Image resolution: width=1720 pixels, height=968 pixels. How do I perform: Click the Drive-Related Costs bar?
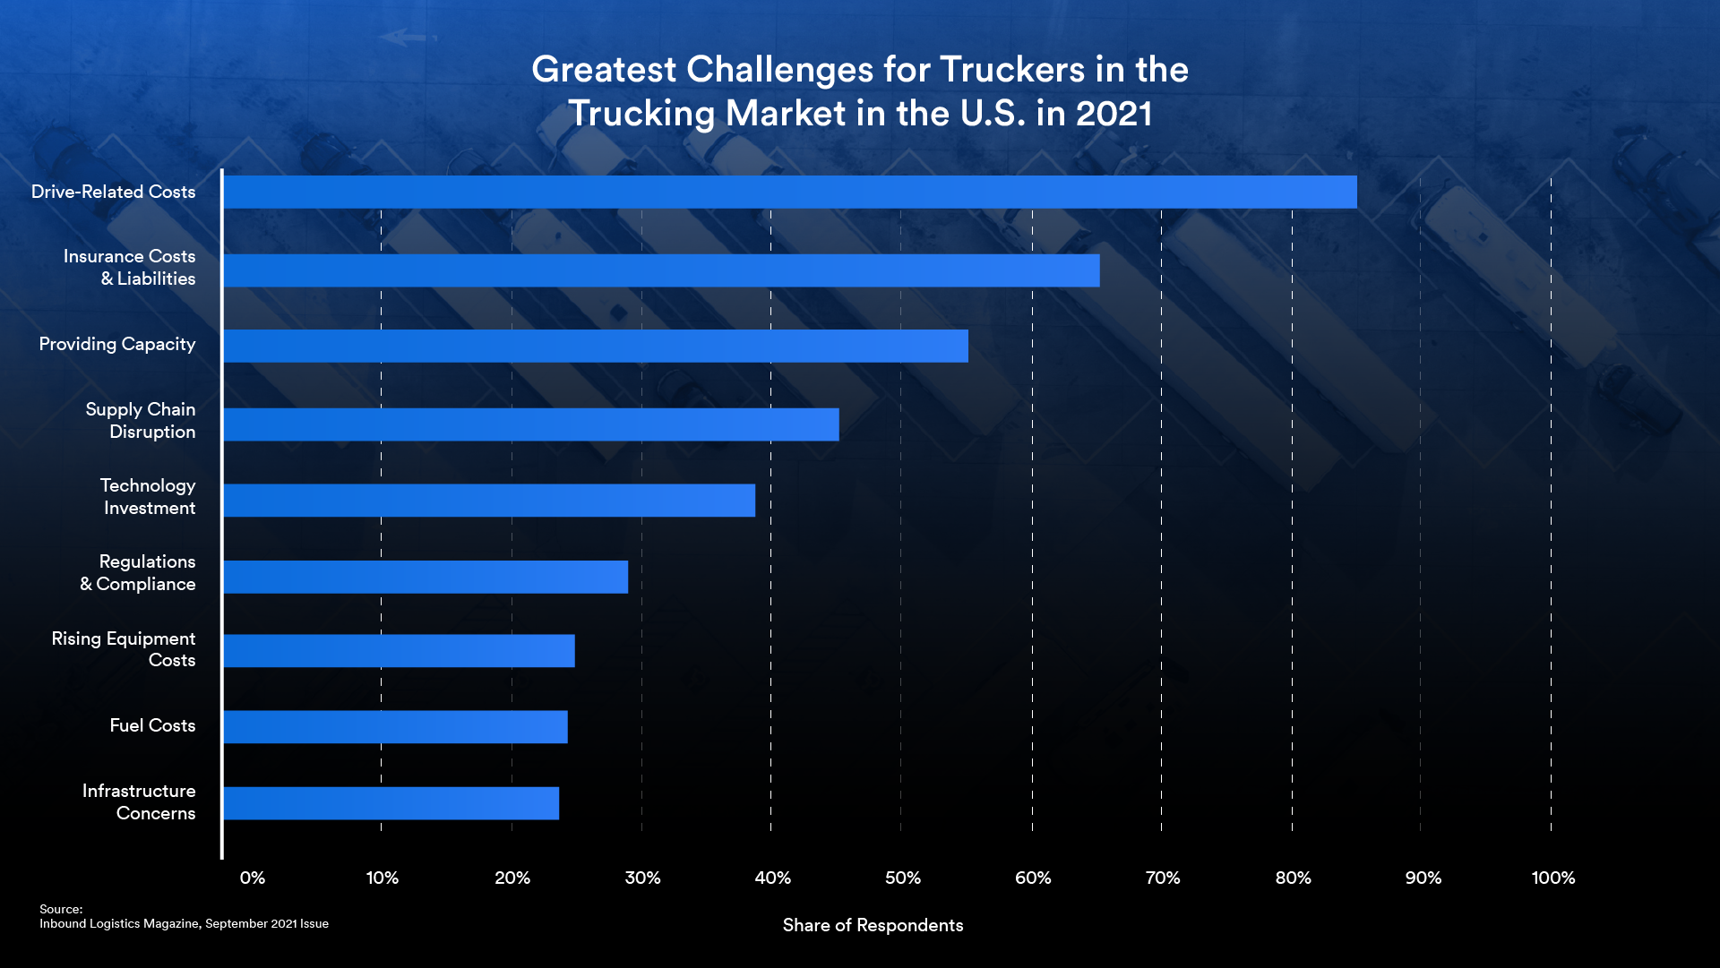pyautogui.click(x=789, y=192)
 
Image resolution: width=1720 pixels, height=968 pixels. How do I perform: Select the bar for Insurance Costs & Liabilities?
pyautogui.click(x=661, y=270)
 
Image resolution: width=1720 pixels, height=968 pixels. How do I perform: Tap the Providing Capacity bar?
pyautogui.click(x=595, y=346)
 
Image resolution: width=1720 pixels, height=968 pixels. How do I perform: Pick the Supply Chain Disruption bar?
pyautogui.click(x=530, y=424)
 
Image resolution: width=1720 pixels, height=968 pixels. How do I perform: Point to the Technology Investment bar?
pyautogui.click(x=488, y=501)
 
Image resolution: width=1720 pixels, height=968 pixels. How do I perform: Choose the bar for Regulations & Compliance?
pyautogui.click(x=425, y=577)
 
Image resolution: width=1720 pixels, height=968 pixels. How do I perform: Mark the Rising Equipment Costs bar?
pyautogui.click(x=399, y=651)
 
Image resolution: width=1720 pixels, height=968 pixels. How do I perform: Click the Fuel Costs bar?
pyautogui.click(x=395, y=727)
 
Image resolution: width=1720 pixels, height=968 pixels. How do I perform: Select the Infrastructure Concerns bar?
pyautogui.click(x=391, y=803)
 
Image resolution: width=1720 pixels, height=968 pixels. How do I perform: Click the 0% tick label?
pyautogui.click(x=253, y=878)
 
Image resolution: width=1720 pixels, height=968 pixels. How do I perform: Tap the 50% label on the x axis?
pyautogui.click(x=902, y=878)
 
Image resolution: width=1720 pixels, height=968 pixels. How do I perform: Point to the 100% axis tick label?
pyautogui.click(x=1552, y=878)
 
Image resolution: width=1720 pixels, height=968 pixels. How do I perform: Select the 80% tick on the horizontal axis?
pyautogui.click(x=1293, y=878)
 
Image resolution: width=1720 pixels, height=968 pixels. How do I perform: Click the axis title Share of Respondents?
pyautogui.click(x=873, y=926)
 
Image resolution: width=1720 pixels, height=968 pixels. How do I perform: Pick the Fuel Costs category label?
pyautogui.click(x=152, y=726)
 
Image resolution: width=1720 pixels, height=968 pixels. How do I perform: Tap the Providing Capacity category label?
pyautogui.click(x=117, y=345)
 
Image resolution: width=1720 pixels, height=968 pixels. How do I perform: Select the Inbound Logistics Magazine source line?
pyautogui.click(x=184, y=924)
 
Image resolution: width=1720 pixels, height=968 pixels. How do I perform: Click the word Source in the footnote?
pyautogui.click(x=60, y=909)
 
